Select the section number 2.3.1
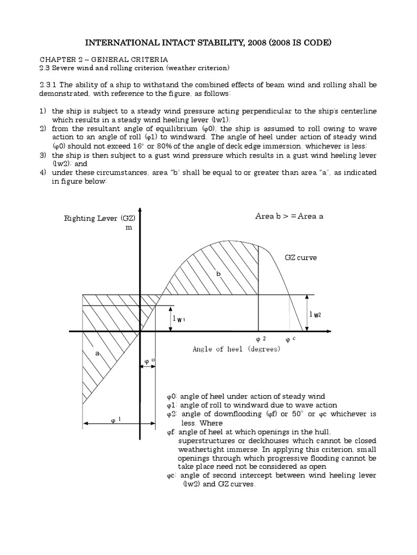(x=49, y=86)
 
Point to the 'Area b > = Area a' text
(x=289, y=216)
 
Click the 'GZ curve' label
(x=300, y=257)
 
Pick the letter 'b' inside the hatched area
(x=219, y=274)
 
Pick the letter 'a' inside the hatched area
(x=98, y=352)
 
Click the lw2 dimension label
(x=314, y=314)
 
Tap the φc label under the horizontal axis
(x=290, y=339)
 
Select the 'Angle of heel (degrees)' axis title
(x=236, y=350)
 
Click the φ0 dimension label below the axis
(x=149, y=360)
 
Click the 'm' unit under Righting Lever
(x=129, y=228)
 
